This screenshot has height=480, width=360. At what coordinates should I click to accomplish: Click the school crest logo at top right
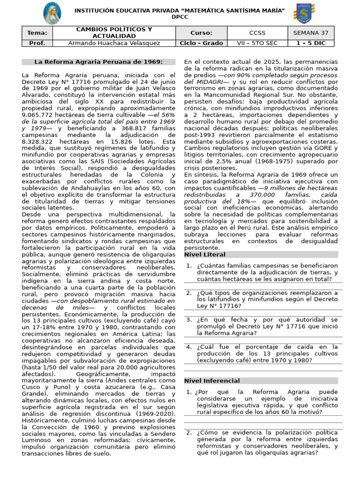[x=303, y=13]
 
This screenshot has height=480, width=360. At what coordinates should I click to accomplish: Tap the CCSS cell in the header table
[x=257, y=33]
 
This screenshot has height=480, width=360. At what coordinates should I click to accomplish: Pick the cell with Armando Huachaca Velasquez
[x=114, y=43]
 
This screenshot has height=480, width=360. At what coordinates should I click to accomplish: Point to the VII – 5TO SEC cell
[x=257, y=43]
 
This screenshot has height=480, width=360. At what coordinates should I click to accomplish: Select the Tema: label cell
[x=37, y=33]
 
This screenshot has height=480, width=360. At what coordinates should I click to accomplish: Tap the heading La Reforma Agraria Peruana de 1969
[x=98, y=62]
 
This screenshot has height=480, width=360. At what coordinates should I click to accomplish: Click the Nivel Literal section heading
[x=205, y=255]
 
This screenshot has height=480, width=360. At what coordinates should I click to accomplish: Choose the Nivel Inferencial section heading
[x=212, y=381]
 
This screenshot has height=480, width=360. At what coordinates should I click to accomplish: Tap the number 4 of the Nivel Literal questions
[x=189, y=347]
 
